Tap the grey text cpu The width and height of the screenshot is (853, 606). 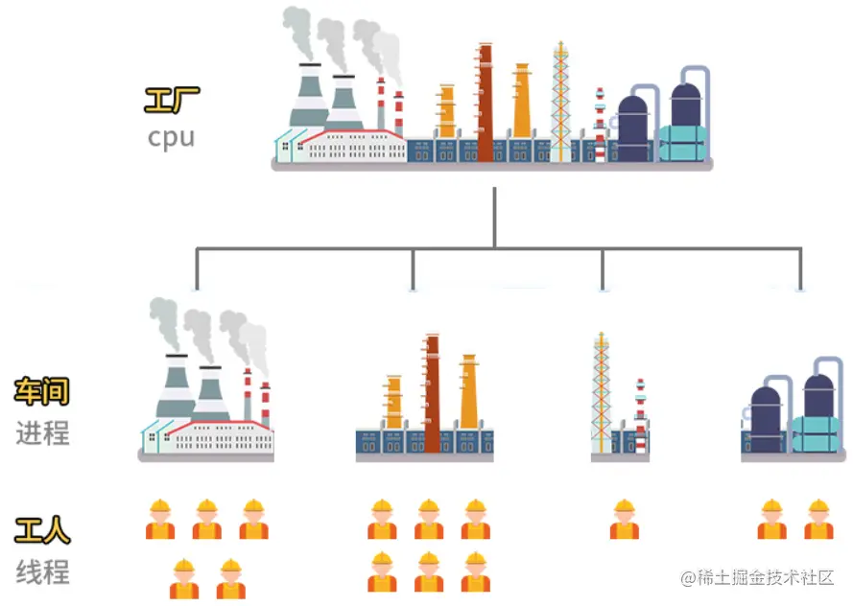pos(172,137)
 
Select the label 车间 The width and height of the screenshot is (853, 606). pos(42,391)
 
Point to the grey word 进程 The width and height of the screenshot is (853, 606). pos(42,432)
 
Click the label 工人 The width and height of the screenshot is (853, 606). pos(42,530)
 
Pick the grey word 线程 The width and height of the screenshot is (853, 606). pos(42,572)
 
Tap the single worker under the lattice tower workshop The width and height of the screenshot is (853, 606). pos(624,519)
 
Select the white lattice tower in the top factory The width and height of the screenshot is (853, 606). pos(560,101)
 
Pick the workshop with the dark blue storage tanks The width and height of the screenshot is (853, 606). pos(791,412)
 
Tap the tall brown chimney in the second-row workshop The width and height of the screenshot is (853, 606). pos(432,393)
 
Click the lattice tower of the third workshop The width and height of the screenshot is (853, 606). pos(601,393)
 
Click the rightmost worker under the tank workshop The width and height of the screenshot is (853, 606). pos(817,519)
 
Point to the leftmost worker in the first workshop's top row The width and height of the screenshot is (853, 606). pos(160,519)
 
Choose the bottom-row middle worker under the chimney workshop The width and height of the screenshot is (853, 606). pos(429,571)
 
